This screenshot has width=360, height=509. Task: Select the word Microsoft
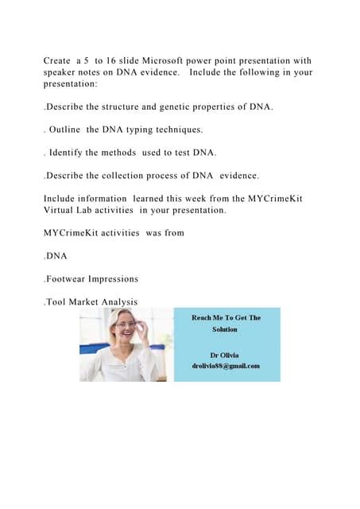(x=184, y=61)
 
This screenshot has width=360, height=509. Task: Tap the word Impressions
(x=117, y=279)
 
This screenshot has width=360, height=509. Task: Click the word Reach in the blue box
(x=205, y=318)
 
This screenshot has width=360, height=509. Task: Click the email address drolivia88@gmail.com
(x=226, y=367)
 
